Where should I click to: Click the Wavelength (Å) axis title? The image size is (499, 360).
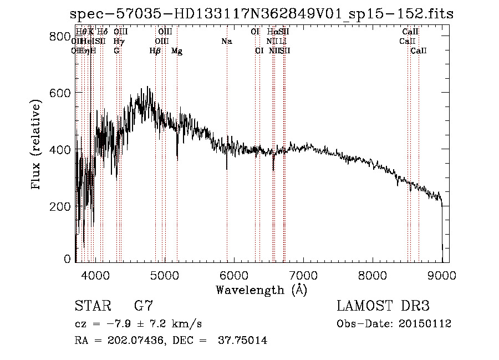(261, 289)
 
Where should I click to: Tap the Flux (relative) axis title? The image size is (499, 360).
(37, 145)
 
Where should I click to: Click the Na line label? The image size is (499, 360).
(226, 42)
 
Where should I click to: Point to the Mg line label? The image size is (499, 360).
(177, 51)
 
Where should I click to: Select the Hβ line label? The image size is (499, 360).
(155, 51)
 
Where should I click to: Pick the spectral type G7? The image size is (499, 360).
(143, 306)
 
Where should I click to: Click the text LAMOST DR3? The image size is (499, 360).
(383, 306)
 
